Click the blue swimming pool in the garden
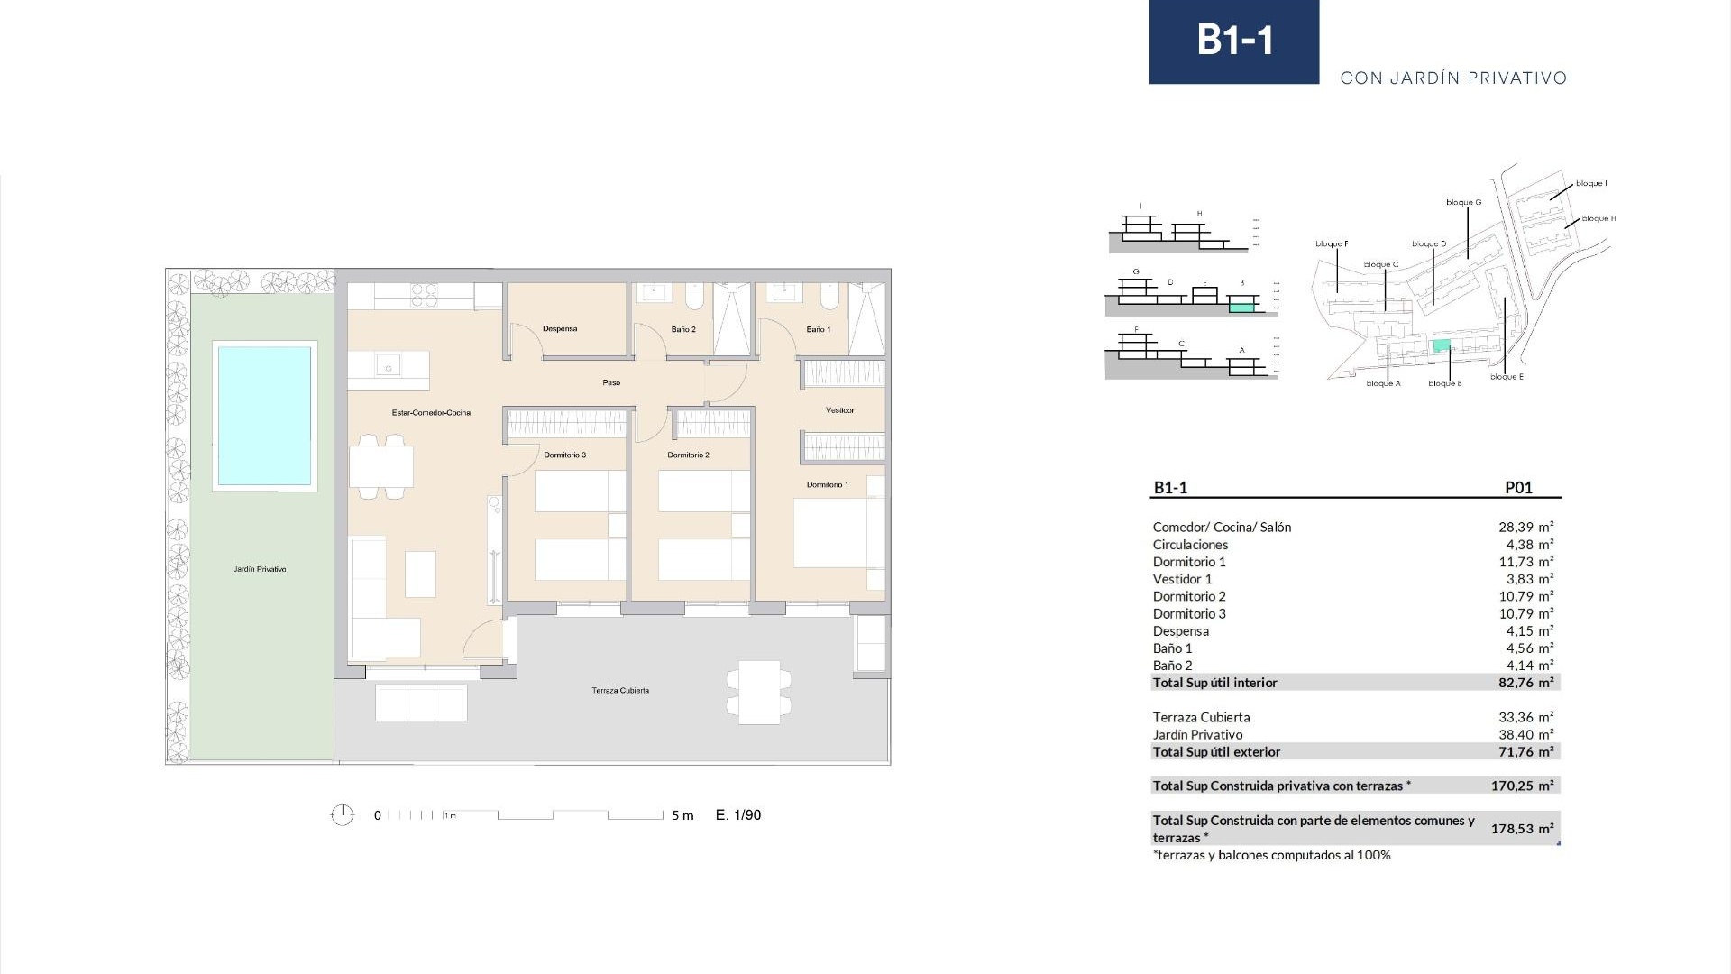coord(264,415)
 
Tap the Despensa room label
coord(560,329)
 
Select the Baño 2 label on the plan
coord(683,330)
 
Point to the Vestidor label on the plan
coord(839,411)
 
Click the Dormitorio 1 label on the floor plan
coord(827,485)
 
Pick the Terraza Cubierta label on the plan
coord(620,691)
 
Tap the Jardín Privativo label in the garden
coord(260,570)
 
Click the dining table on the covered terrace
coord(758,692)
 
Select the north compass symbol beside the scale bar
coord(342,815)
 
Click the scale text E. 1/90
coord(738,815)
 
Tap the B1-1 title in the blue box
coord(1234,41)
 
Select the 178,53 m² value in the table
coord(1522,829)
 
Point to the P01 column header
coord(1518,488)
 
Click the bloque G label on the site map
coord(1463,203)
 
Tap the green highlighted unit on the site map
coord(1442,345)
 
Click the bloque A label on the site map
coord(1383,384)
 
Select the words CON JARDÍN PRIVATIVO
coord(1453,78)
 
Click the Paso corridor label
coord(611,383)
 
